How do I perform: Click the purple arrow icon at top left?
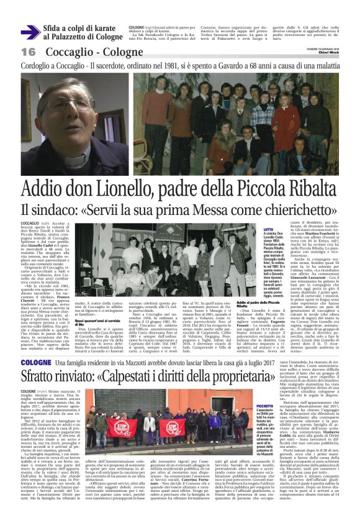30,32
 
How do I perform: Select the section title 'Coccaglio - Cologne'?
92,52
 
